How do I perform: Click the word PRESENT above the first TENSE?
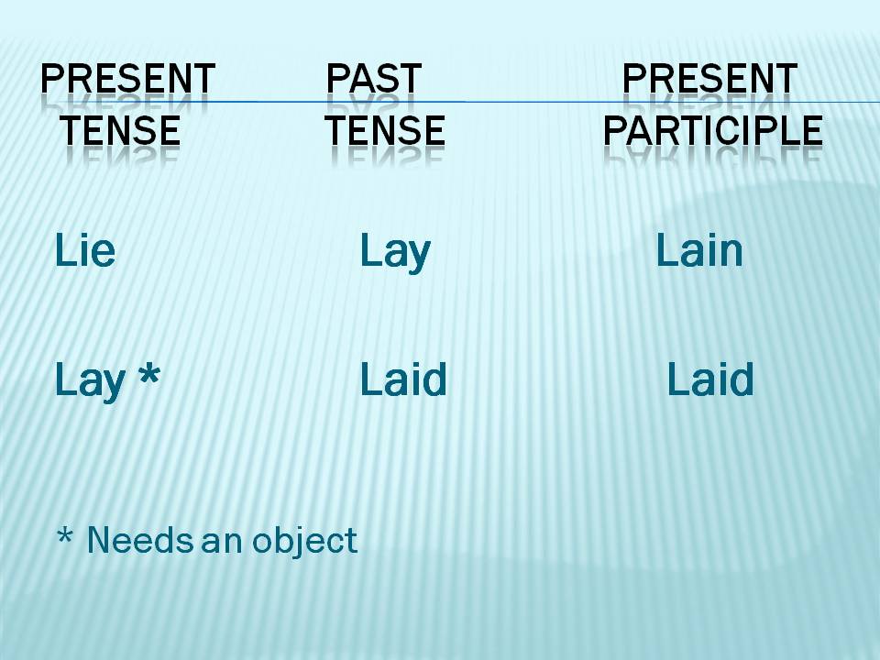(x=127, y=80)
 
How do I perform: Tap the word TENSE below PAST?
(x=384, y=132)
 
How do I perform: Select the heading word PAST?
(x=373, y=80)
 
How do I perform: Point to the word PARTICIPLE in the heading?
(x=712, y=132)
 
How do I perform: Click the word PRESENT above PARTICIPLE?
(x=709, y=80)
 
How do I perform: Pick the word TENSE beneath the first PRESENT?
(x=120, y=132)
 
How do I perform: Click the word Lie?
(x=85, y=250)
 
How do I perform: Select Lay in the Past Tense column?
(x=394, y=251)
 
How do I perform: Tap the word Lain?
(x=698, y=250)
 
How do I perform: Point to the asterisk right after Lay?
(x=147, y=376)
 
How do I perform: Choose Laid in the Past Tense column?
(x=402, y=379)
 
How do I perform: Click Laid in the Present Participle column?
(x=709, y=379)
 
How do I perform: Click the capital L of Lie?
(x=62, y=250)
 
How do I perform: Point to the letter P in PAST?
(x=335, y=80)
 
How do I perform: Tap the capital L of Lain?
(x=664, y=250)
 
